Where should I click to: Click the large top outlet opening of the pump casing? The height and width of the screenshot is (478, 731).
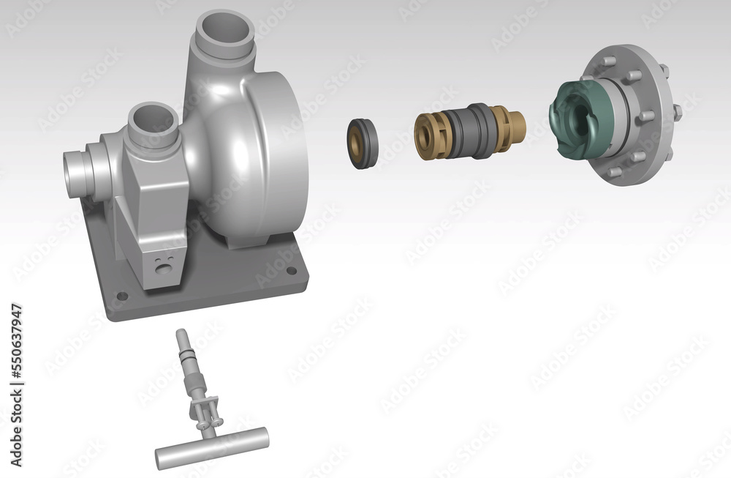(226, 30)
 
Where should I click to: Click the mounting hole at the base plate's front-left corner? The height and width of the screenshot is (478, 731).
(122, 296)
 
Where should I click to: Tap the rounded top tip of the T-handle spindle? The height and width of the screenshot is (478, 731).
(180, 334)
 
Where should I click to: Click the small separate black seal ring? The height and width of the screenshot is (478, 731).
(363, 143)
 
